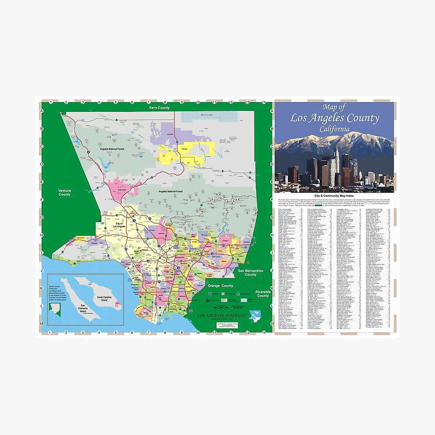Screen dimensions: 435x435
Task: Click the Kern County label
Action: click(159, 107)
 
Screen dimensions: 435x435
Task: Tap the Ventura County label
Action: click(64, 192)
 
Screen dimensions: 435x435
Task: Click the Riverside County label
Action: click(263, 294)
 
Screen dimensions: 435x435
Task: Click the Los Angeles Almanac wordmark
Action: click(222, 315)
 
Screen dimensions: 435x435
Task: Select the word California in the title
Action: click(334, 129)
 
